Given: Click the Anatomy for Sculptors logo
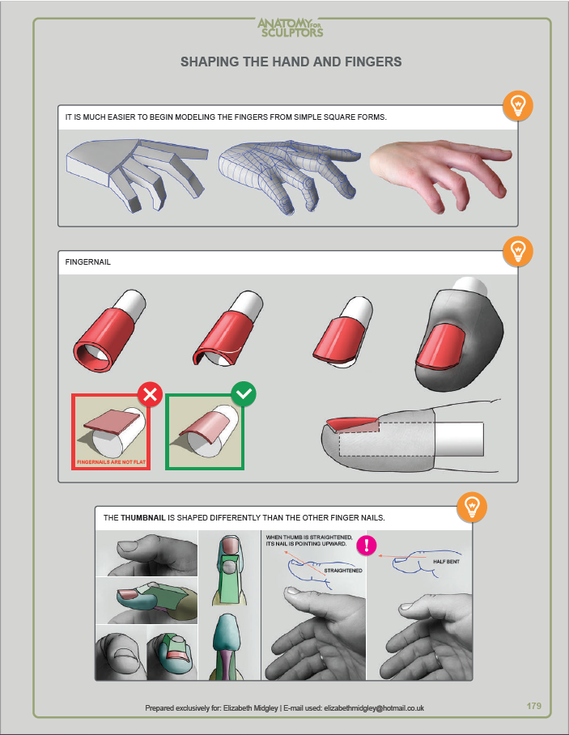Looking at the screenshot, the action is (x=291, y=28).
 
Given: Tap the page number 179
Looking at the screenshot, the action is (x=534, y=706).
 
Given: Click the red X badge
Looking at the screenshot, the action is (x=150, y=394).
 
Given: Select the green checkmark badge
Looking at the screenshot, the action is (x=244, y=394).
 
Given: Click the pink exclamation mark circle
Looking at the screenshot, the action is (x=367, y=545).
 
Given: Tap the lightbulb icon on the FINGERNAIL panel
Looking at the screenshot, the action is (x=518, y=251).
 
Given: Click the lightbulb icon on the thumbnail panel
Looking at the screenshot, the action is (x=472, y=507).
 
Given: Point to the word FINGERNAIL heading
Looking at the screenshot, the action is (x=88, y=262).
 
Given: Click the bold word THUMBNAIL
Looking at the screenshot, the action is (x=143, y=518).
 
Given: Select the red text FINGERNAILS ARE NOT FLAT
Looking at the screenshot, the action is (x=111, y=462).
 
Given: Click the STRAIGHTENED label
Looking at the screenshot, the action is (x=343, y=571).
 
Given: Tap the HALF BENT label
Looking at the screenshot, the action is (x=446, y=562).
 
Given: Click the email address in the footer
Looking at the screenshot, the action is (x=374, y=708).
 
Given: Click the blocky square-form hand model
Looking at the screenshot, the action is (x=138, y=173).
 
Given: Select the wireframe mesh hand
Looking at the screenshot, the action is (x=290, y=176).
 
